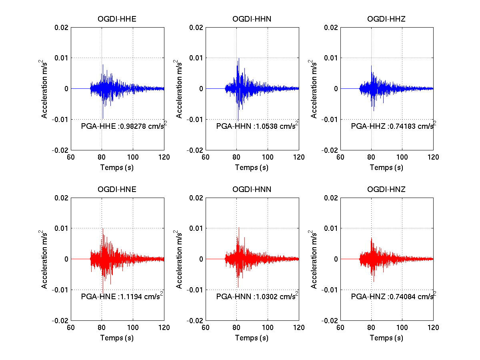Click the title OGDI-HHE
[117, 19]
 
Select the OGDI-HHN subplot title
[252, 19]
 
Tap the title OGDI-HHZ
[386, 19]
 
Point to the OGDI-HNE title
[117, 189]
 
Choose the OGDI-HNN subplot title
[252, 189]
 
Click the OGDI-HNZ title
[386, 189]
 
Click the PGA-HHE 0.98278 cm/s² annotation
[124, 126]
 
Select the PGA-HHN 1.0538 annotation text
[257, 126]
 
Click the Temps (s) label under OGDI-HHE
[117, 168]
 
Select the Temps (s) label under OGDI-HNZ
[386, 338]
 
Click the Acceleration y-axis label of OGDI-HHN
[179, 89]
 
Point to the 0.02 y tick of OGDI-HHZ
[331, 28]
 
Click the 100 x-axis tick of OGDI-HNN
[268, 328]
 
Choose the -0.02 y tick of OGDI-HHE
[60, 150]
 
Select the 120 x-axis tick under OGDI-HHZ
[433, 157]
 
